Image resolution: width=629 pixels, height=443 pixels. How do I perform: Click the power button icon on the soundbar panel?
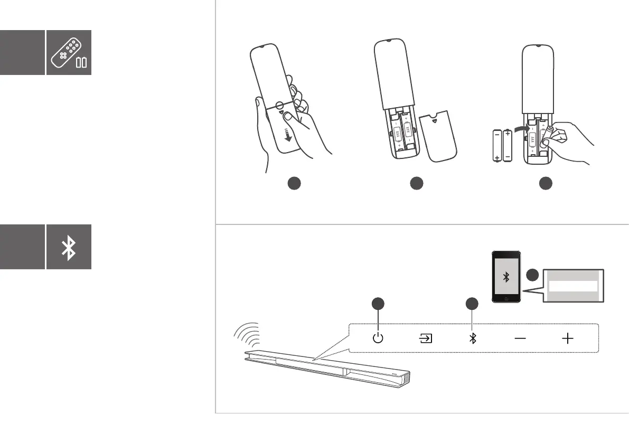click(x=378, y=338)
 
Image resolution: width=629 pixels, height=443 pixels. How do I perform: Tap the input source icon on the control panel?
click(x=425, y=338)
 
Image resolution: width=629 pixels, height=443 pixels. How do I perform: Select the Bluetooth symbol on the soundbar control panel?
click(x=473, y=338)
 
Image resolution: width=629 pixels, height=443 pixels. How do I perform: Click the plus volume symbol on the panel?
click(x=568, y=338)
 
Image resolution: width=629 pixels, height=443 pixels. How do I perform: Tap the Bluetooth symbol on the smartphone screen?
click(x=505, y=278)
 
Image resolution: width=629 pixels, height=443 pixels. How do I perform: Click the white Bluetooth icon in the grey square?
click(x=69, y=247)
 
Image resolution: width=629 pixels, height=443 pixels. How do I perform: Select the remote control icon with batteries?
click(x=69, y=52)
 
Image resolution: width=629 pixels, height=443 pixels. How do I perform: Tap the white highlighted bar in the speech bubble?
click(x=572, y=286)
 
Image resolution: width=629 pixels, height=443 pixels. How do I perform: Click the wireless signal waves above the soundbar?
click(x=247, y=336)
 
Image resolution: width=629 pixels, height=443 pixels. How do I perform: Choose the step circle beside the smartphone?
click(x=532, y=275)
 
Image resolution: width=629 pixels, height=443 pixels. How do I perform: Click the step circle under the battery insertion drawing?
click(x=545, y=184)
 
